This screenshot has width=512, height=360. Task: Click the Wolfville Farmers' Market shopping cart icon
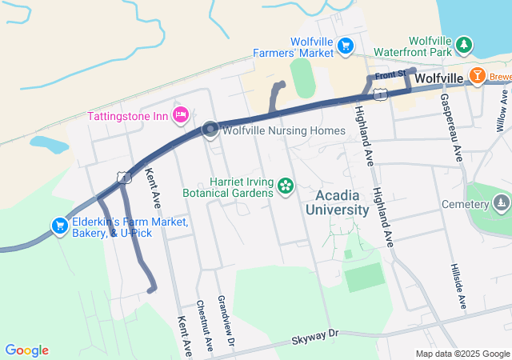click(x=346, y=46)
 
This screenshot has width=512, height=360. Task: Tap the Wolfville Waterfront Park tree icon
click(x=464, y=42)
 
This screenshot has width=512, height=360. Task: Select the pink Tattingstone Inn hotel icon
click(x=181, y=115)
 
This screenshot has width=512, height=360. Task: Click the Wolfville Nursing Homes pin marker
click(x=210, y=130)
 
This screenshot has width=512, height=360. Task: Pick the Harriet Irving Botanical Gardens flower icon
click(x=285, y=186)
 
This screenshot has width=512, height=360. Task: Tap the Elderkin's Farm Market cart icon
click(x=59, y=226)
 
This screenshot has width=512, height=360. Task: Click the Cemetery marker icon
click(x=501, y=203)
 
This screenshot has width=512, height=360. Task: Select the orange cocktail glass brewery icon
click(x=478, y=77)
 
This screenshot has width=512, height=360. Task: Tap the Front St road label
click(x=390, y=74)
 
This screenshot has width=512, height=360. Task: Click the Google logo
click(x=26, y=350)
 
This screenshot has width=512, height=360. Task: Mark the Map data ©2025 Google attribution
click(x=462, y=354)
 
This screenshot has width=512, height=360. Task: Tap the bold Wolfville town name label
click(x=440, y=78)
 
